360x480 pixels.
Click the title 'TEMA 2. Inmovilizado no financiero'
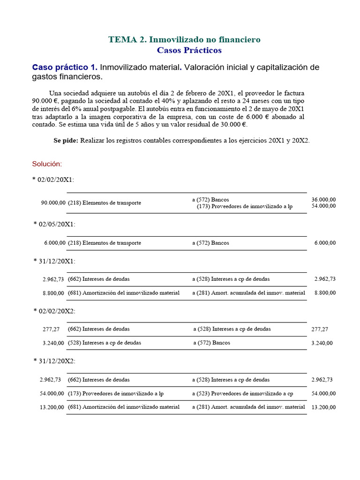click(184, 39)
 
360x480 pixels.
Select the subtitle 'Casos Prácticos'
click(189, 50)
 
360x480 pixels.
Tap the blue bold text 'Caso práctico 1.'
click(65, 67)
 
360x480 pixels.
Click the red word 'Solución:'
click(47, 164)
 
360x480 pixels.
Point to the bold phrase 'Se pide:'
click(66, 141)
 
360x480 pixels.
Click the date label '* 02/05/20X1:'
click(54, 225)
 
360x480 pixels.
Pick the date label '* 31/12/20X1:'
click(54, 261)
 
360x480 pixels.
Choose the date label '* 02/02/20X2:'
click(54, 311)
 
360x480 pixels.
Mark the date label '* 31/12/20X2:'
click(54, 361)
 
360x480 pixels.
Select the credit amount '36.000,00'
click(323, 200)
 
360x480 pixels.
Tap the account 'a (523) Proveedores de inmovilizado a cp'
click(243, 393)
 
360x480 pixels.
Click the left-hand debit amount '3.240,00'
click(53, 343)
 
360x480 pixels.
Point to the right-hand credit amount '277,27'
click(320, 330)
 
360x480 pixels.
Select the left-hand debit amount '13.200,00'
click(52, 407)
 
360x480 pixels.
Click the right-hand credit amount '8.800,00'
click(325, 293)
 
